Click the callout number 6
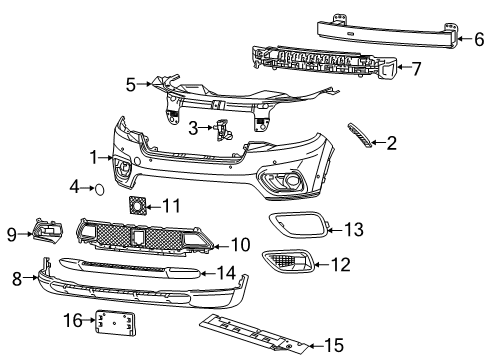[x=478, y=40]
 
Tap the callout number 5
[x=132, y=85]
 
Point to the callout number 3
[x=194, y=127]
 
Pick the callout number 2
[x=391, y=143]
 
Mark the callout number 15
[x=334, y=346]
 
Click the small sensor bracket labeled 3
[x=221, y=128]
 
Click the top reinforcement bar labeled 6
[x=385, y=32]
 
